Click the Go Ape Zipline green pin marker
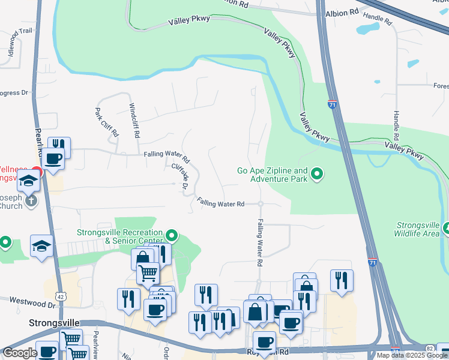(x=318, y=175)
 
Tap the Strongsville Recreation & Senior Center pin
(x=172, y=235)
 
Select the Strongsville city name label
(x=55, y=322)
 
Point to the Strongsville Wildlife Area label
(x=418, y=229)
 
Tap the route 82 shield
(x=429, y=348)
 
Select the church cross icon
(x=31, y=201)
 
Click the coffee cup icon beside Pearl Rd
(x=53, y=159)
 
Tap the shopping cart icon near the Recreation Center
(x=148, y=274)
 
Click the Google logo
(x=19, y=353)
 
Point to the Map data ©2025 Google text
(x=412, y=355)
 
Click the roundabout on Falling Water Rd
(x=261, y=204)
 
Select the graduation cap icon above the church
(x=28, y=180)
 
